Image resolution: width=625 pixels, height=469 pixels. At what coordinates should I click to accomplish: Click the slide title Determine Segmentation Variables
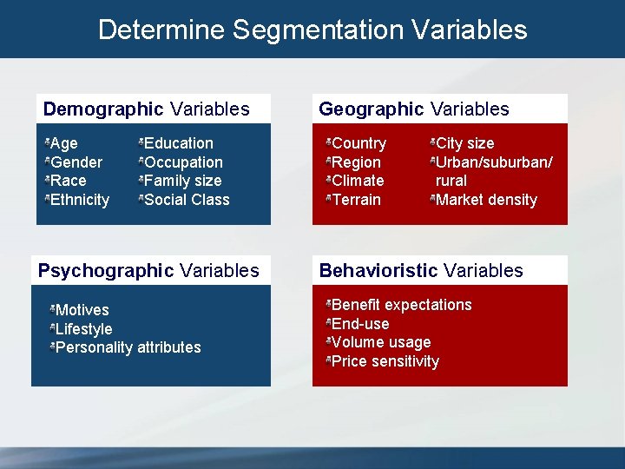pos(312,30)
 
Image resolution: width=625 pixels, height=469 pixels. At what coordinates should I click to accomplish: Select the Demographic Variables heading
pos(147,109)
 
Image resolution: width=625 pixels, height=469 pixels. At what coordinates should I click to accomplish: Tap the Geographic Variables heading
pos(414,109)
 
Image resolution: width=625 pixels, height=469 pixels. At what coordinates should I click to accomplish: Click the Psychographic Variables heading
pos(148,271)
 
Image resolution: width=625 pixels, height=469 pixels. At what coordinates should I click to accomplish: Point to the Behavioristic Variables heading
pos(421,271)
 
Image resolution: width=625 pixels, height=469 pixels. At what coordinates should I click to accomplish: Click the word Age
pos(64,143)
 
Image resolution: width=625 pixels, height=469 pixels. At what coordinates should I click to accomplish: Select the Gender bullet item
pos(76,162)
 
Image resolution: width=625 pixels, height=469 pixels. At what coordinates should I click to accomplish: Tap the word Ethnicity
pos(80,200)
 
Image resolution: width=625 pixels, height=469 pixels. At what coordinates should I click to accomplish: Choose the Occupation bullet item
pos(183,162)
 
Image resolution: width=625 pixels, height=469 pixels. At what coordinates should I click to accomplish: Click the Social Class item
pos(187,200)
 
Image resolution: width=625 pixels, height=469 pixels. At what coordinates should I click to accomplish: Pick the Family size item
pos(182,181)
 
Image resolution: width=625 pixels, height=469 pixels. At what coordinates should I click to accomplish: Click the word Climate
pos(358,181)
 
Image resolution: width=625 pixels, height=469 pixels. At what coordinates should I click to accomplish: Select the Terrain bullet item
pos(356,200)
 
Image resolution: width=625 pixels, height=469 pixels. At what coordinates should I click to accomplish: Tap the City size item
pos(464,143)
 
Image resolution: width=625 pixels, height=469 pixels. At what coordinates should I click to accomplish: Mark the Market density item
pos(486,200)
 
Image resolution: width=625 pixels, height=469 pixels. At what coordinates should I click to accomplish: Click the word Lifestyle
pos(83,329)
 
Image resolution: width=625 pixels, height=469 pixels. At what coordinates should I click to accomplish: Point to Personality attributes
pos(128,347)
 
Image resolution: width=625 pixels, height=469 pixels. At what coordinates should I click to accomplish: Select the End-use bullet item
pos(360,324)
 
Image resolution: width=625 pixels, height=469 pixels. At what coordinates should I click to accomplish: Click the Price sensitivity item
pos(385,361)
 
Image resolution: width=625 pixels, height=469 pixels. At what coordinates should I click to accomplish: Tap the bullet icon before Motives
pos(52,309)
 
